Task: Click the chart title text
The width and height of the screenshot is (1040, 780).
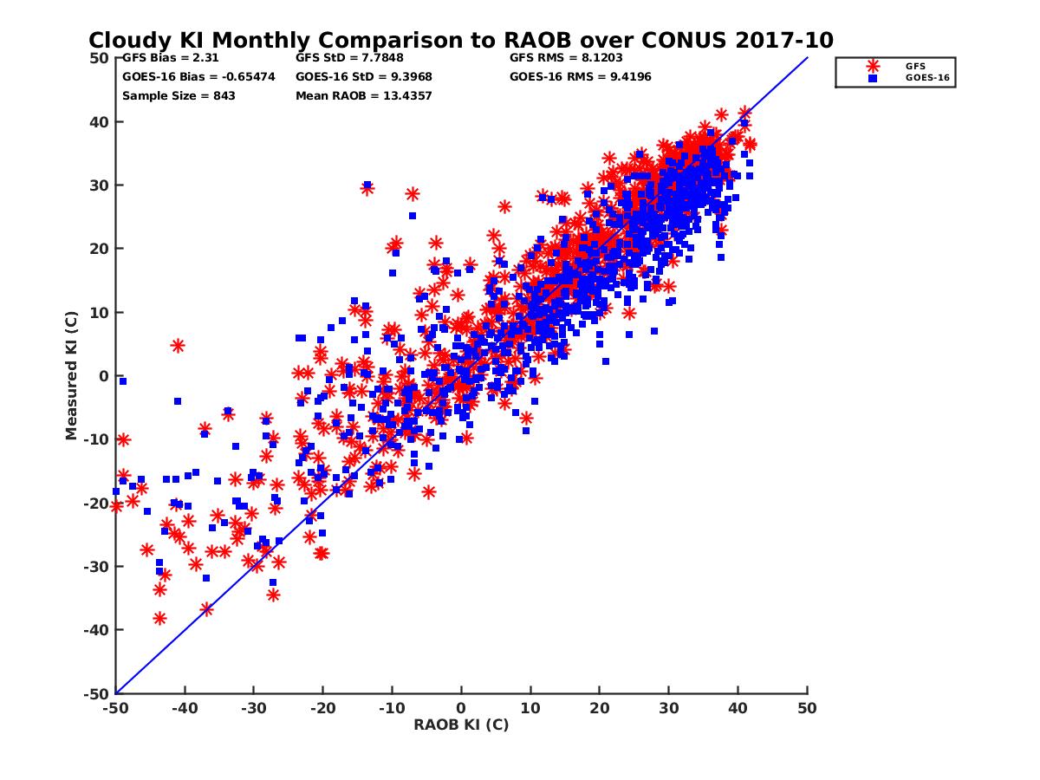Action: (x=461, y=40)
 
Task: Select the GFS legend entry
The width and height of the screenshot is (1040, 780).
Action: (x=915, y=66)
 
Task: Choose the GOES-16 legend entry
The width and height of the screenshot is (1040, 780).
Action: (x=922, y=78)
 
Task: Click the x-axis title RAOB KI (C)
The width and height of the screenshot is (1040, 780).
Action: (x=461, y=725)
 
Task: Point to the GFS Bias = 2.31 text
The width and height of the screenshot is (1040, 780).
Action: (x=170, y=58)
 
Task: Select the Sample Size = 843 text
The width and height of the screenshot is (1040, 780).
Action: (x=179, y=95)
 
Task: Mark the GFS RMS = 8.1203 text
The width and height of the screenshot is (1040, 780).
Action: (x=566, y=58)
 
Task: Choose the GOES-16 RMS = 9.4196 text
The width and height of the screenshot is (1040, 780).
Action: (x=581, y=77)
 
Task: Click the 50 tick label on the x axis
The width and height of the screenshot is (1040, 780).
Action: (x=807, y=708)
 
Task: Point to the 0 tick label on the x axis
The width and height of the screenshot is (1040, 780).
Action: (x=461, y=708)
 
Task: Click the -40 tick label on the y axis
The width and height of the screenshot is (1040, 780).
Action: (x=95, y=630)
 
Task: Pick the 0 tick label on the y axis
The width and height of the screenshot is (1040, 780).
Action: (x=103, y=376)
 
